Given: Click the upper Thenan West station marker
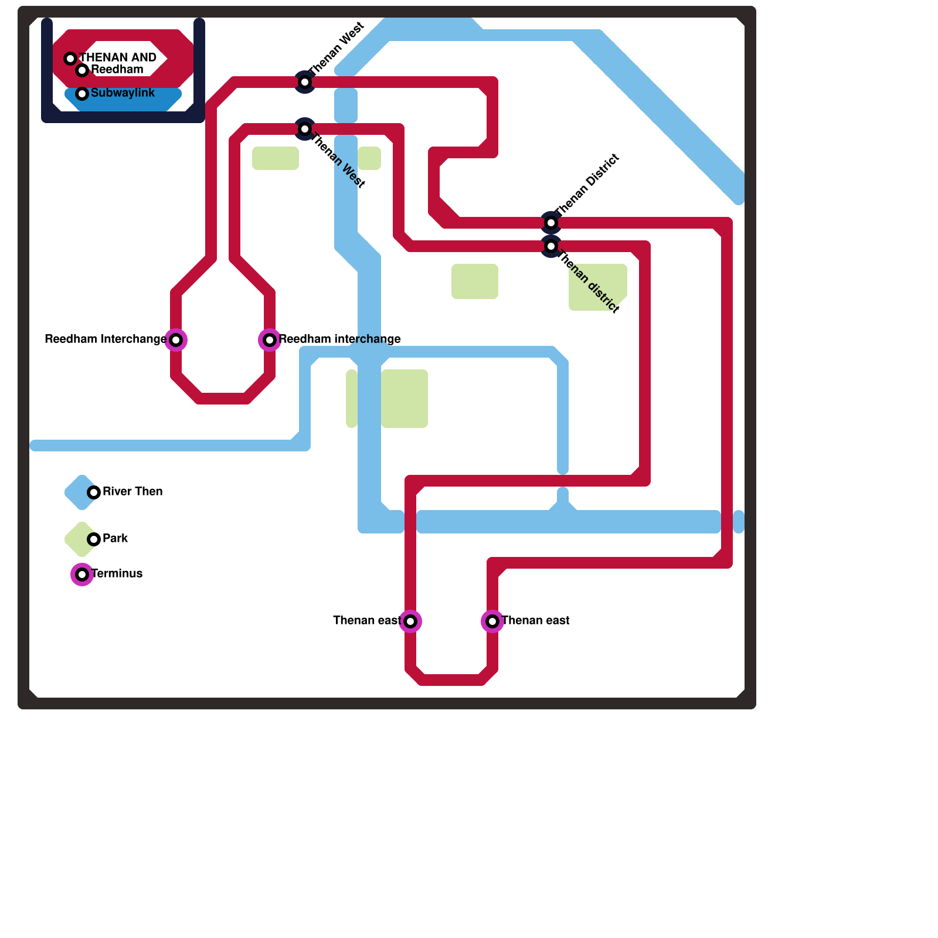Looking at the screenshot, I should tap(305, 82).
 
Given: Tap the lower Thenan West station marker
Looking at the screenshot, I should tap(305, 129).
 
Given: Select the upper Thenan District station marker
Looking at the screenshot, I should tap(551, 223).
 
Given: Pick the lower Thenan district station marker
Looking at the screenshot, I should tap(551, 246).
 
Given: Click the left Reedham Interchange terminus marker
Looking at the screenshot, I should tap(176, 340).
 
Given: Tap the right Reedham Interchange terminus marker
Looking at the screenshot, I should tap(270, 340).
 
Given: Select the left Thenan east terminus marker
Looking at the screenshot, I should tap(410, 621).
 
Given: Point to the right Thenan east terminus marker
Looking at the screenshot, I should tap(492, 621).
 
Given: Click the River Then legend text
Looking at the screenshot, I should tap(132, 492).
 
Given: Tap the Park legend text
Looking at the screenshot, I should tap(115, 539).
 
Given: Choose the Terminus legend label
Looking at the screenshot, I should tap(117, 574).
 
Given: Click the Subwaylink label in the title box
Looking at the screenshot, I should tap(123, 93).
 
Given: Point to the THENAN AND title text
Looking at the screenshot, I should tap(118, 58).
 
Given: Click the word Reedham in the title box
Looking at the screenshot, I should tap(117, 70).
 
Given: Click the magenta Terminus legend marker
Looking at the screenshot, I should tap(82, 575).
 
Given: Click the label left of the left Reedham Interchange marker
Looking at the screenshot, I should tap(106, 339).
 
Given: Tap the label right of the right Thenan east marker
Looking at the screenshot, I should tap(536, 621).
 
